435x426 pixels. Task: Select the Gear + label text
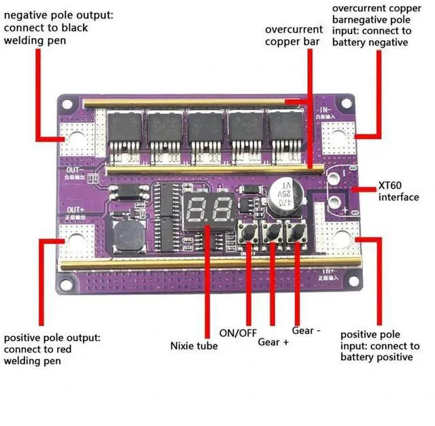coord(273,341)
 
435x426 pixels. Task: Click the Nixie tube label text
coord(194,346)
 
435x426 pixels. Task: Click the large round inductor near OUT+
coord(126,234)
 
